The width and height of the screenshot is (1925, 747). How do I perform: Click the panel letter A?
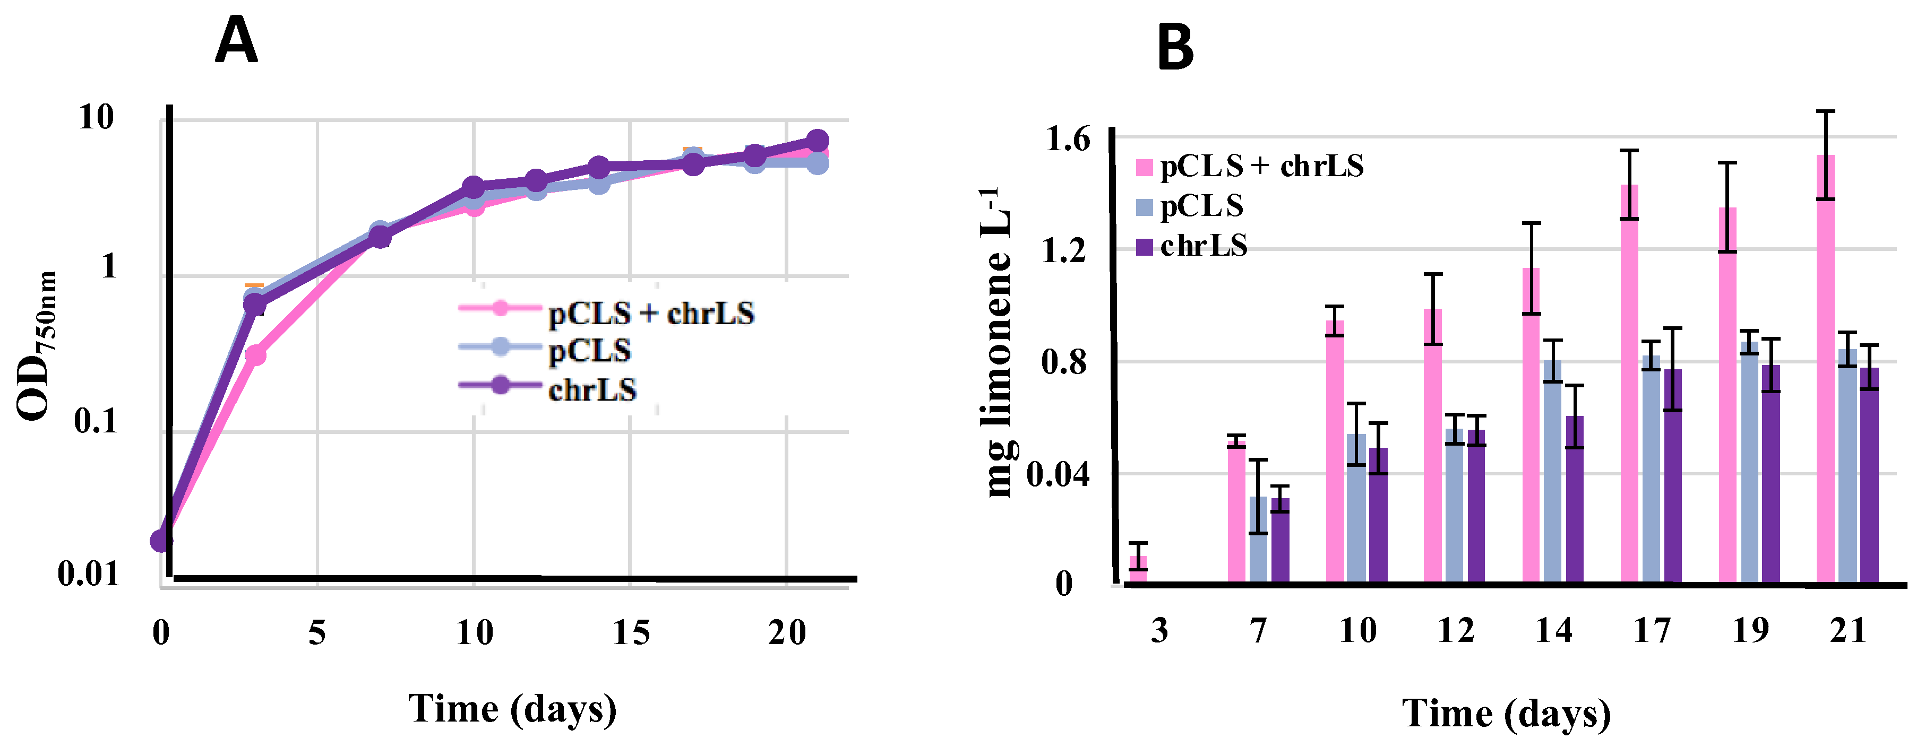click(x=236, y=42)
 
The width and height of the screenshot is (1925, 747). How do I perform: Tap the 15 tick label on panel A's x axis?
click(x=631, y=633)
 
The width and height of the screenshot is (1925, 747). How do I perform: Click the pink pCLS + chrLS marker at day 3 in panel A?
click(x=255, y=355)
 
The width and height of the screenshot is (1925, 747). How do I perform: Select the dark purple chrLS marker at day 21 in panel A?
click(x=818, y=141)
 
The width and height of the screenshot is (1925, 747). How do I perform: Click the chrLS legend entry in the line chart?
click(x=592, y=390)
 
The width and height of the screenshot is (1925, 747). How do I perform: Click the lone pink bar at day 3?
click(x=1138, y=569)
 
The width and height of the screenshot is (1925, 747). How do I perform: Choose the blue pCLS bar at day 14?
click(x=1552, y=471)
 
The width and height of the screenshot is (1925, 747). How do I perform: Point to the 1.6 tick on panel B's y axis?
click(x=1067, y=140)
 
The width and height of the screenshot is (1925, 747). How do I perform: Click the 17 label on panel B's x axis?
click(x=1652, y=632)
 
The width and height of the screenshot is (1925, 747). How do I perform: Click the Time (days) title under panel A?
click(x=513, y=708)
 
